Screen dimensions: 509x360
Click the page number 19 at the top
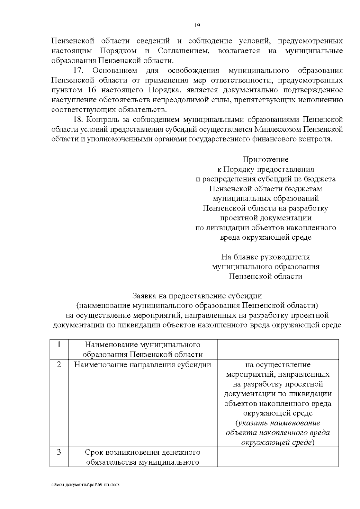pyautogui.click(x=197, y=25)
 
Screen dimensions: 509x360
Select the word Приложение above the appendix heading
pyautogui.click(x=265, y=159)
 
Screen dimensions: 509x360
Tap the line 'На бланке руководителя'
pyautogui.click(x=265, y=257)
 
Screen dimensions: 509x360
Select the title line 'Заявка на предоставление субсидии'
pyautogui.click(x=197, y=296)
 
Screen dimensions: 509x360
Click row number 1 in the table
pyautogui.click(x=59, y=344)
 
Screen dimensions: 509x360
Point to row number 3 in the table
pyautogui.click(x=59, y=452)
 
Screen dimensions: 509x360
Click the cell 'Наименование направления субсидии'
pyautogui.click(x=142, y=365)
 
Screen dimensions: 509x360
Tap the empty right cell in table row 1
pyautogui.click(x=278, y=349)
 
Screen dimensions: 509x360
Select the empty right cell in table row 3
pyautogui.click(x=278, y=457)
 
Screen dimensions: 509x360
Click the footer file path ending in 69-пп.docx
pyautogui.click(x=85, y=485)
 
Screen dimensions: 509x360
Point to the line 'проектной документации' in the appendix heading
pyautogui.click(x=265, y=218)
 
